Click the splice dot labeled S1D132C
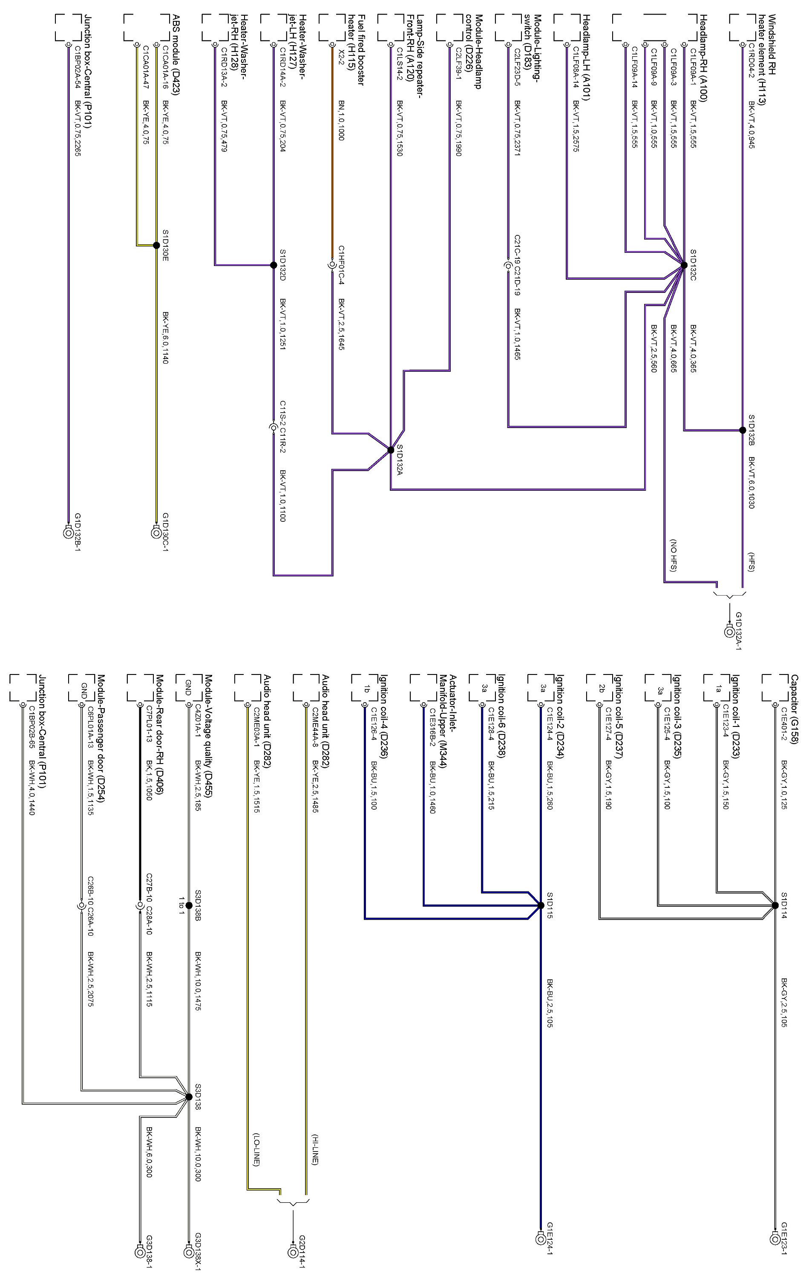684,264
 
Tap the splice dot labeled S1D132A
391,450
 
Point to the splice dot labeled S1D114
774,905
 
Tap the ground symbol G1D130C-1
155,532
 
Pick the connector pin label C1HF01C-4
341,264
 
